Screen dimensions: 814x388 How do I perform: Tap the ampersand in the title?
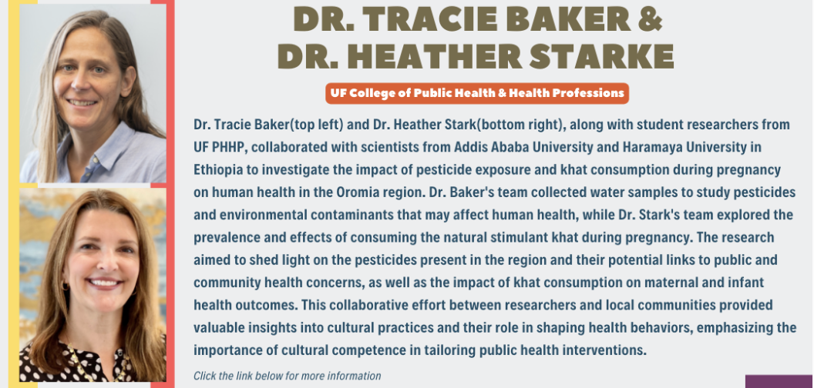(x=652, y=20)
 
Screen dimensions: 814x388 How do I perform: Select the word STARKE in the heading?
(x=602, y=55)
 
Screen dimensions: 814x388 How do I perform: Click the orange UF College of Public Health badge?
(x=477, y=93)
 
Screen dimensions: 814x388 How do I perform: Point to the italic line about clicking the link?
(x=287, y=376)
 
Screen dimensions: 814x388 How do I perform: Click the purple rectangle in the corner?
(x=779, y=381)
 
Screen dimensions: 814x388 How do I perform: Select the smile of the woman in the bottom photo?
(x=104, y=284)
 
